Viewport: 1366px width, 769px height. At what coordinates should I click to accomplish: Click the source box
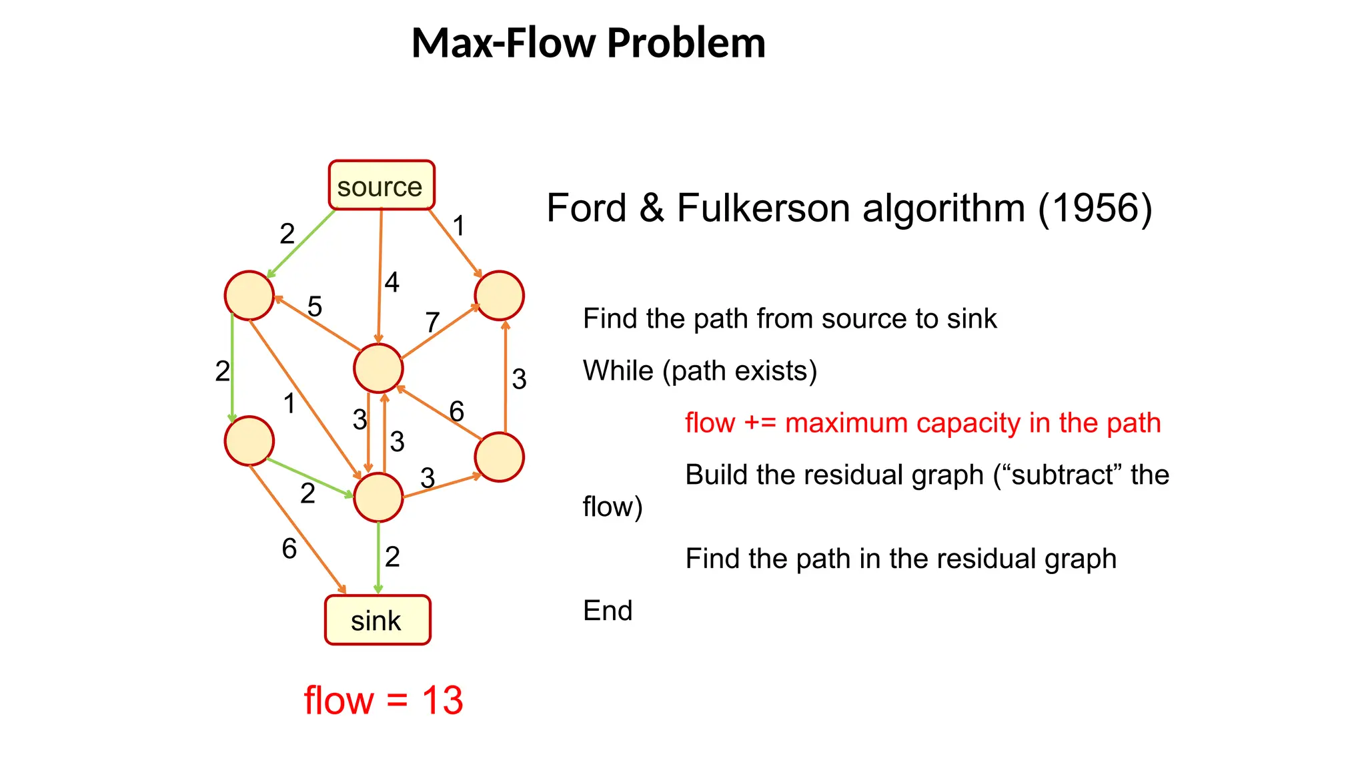coord(381,186)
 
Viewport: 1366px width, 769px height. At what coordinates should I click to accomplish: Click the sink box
coord(378,620)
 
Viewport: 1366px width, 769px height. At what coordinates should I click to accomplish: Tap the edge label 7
coord(432,322)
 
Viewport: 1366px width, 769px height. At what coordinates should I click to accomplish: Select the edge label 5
coord(315,307)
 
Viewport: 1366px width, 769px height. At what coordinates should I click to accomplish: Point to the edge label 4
coord(392,282)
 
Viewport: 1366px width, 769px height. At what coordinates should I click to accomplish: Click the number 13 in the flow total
coord(442,700)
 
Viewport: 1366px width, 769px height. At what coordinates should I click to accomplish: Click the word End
coord(608,610)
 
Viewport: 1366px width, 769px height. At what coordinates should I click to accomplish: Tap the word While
coord(618,370)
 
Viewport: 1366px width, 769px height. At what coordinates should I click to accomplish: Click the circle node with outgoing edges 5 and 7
coord(378,368)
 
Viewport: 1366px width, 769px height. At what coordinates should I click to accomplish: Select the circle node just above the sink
coord(378,497)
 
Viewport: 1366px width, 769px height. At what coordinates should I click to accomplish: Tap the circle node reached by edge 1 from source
coord(499,296)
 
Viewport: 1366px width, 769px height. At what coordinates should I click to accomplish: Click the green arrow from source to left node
coord(301,244)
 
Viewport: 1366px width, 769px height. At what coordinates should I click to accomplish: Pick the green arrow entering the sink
coord(378,557)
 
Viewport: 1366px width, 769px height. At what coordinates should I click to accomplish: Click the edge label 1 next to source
coord(459,226)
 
